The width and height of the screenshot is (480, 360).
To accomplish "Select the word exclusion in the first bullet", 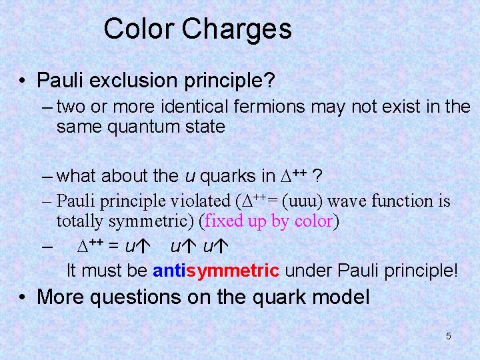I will tap(133, 81).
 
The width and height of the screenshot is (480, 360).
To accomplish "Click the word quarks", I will tap(223, 176).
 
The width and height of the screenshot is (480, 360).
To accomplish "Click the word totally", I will tap(80, 221).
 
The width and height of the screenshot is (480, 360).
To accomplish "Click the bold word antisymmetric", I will tap(216, 271).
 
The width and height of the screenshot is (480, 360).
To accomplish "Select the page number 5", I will tap(448, 336).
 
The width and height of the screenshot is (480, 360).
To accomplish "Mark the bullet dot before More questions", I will tap(23, 297).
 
